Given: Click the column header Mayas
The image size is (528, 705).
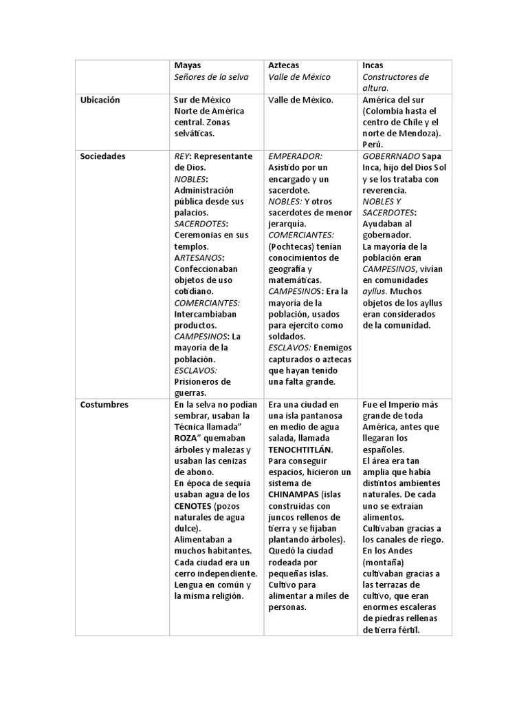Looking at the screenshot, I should coord(188,65).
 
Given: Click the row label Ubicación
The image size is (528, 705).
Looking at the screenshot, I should coord(100,100).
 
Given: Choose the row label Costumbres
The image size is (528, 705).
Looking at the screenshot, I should coord(104,405).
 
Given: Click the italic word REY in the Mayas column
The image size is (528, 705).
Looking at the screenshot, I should coord(184,156).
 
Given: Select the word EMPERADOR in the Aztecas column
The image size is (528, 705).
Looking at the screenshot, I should coord(295,156).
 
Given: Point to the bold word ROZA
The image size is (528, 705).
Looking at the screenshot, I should coord(187,439).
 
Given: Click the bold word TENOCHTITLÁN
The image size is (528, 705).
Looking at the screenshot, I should coord(300,450).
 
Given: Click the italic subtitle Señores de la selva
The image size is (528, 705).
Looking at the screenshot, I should coord(212,76).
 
